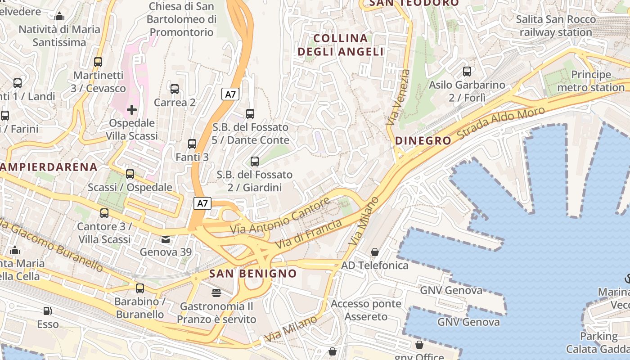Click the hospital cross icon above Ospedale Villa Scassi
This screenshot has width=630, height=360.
coord(132,109)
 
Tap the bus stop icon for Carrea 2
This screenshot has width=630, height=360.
coord(175,89)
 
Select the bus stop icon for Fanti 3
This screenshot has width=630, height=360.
coord(192,144)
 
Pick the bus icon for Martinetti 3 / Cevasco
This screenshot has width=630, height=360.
coord(98,62)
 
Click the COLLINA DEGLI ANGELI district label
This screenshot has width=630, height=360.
coord(341,45)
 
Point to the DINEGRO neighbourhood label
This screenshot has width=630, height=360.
coord(423,141)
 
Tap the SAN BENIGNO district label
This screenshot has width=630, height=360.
coord(253,274)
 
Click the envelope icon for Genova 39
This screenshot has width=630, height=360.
coord(166,239)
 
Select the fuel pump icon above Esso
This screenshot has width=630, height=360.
coord(47,311)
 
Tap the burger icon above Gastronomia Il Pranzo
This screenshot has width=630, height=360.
coord(216,293)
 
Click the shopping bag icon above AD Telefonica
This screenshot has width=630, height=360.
coord(375,252)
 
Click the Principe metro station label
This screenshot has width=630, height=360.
coord(591,81)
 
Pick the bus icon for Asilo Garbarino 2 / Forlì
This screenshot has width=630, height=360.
coord(467,72)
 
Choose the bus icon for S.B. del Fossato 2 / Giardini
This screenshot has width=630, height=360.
coord(255,161)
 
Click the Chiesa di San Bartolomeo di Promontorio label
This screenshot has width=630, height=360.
coord(181,19)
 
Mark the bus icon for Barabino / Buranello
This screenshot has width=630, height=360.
coord(140,288)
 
